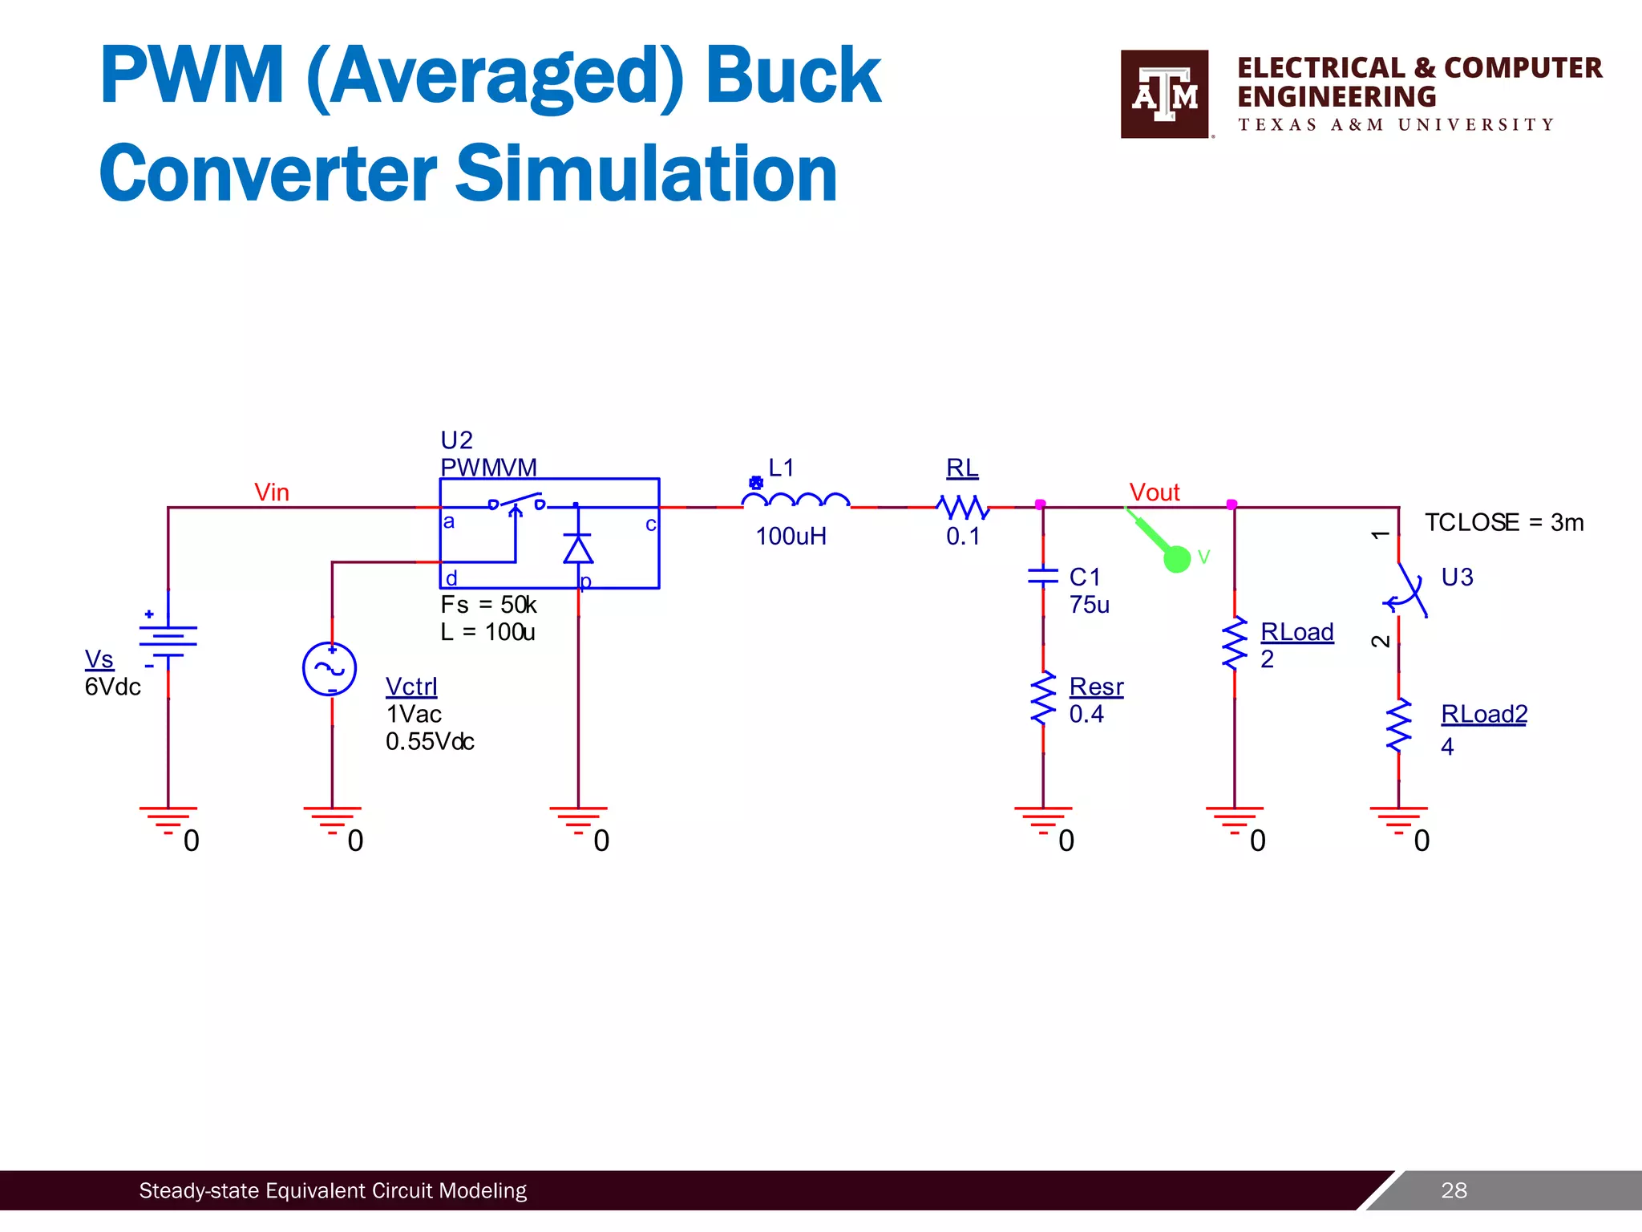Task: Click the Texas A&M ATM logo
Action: coord(1164,94)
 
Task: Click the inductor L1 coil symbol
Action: coord(795,501)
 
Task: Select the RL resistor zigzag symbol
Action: coord(963,507)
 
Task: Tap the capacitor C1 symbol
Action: coord(1043,575)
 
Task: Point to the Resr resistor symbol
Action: coord(1043,699)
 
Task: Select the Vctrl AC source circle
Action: coord(330,669)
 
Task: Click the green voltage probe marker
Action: coord(1175,557)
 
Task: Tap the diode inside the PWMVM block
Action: coord(577,549)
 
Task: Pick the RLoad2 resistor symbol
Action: coord(1398,726)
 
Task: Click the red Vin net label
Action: coord(272,492)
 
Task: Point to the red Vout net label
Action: coord(1155,492)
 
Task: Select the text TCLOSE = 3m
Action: coord(1504,523)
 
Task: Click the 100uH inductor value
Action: coord(791,537)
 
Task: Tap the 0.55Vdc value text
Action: coord(430,742)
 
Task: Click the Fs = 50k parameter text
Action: coord(488,605)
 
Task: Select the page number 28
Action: coord(1454,1190)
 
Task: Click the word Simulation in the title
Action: coord(646,174)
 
